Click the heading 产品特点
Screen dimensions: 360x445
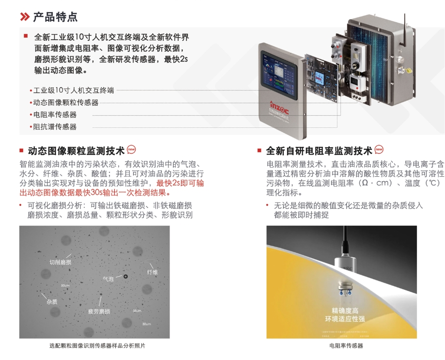click(55, 17)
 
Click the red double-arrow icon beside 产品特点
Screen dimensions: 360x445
click(24, 17)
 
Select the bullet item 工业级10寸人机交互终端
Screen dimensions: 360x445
click(73, 90)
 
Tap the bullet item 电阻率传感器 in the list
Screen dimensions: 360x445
click(54, 115)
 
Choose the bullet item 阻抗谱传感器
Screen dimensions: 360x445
click(54, 127)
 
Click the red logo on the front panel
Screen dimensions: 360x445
click(279, 105)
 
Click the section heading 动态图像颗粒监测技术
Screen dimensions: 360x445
click(76, 150)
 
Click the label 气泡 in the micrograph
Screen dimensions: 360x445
click(108, 279)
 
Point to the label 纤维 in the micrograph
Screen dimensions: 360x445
click(152, 272)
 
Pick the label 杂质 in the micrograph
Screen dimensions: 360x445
click(52, 301)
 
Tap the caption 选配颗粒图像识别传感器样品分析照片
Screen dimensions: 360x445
click(97, 346)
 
